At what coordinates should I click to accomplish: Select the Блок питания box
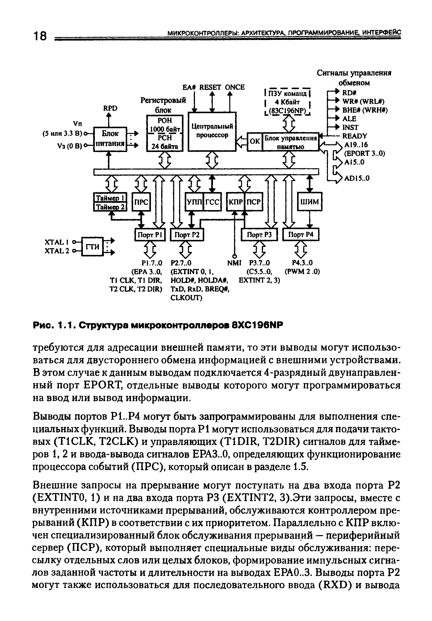click(110, 139)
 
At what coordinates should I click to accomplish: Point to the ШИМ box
click(310, 201)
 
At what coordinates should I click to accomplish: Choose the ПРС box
click(141, 202)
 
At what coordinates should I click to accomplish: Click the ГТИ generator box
click(92, 246)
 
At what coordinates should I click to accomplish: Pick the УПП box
click(194, 202)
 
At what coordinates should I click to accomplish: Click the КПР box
click(236, 202)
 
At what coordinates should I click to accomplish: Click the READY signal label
click(355, 136)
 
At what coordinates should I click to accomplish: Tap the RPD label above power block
click(111, 108)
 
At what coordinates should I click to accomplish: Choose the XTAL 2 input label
click(57, 251)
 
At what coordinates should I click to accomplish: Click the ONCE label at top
click(235, 87)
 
